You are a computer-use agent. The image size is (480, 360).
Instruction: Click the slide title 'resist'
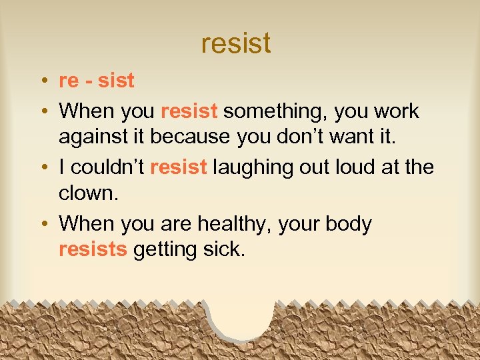(235, 43)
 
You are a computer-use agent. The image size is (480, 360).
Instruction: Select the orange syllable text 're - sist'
(97, 81)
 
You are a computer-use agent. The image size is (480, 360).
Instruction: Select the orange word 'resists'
(93, 249)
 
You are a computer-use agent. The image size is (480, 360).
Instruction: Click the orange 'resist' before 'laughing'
(179, 167)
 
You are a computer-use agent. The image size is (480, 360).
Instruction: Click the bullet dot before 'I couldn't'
(43, 167)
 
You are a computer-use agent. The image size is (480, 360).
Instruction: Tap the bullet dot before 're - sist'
(43, 81)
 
